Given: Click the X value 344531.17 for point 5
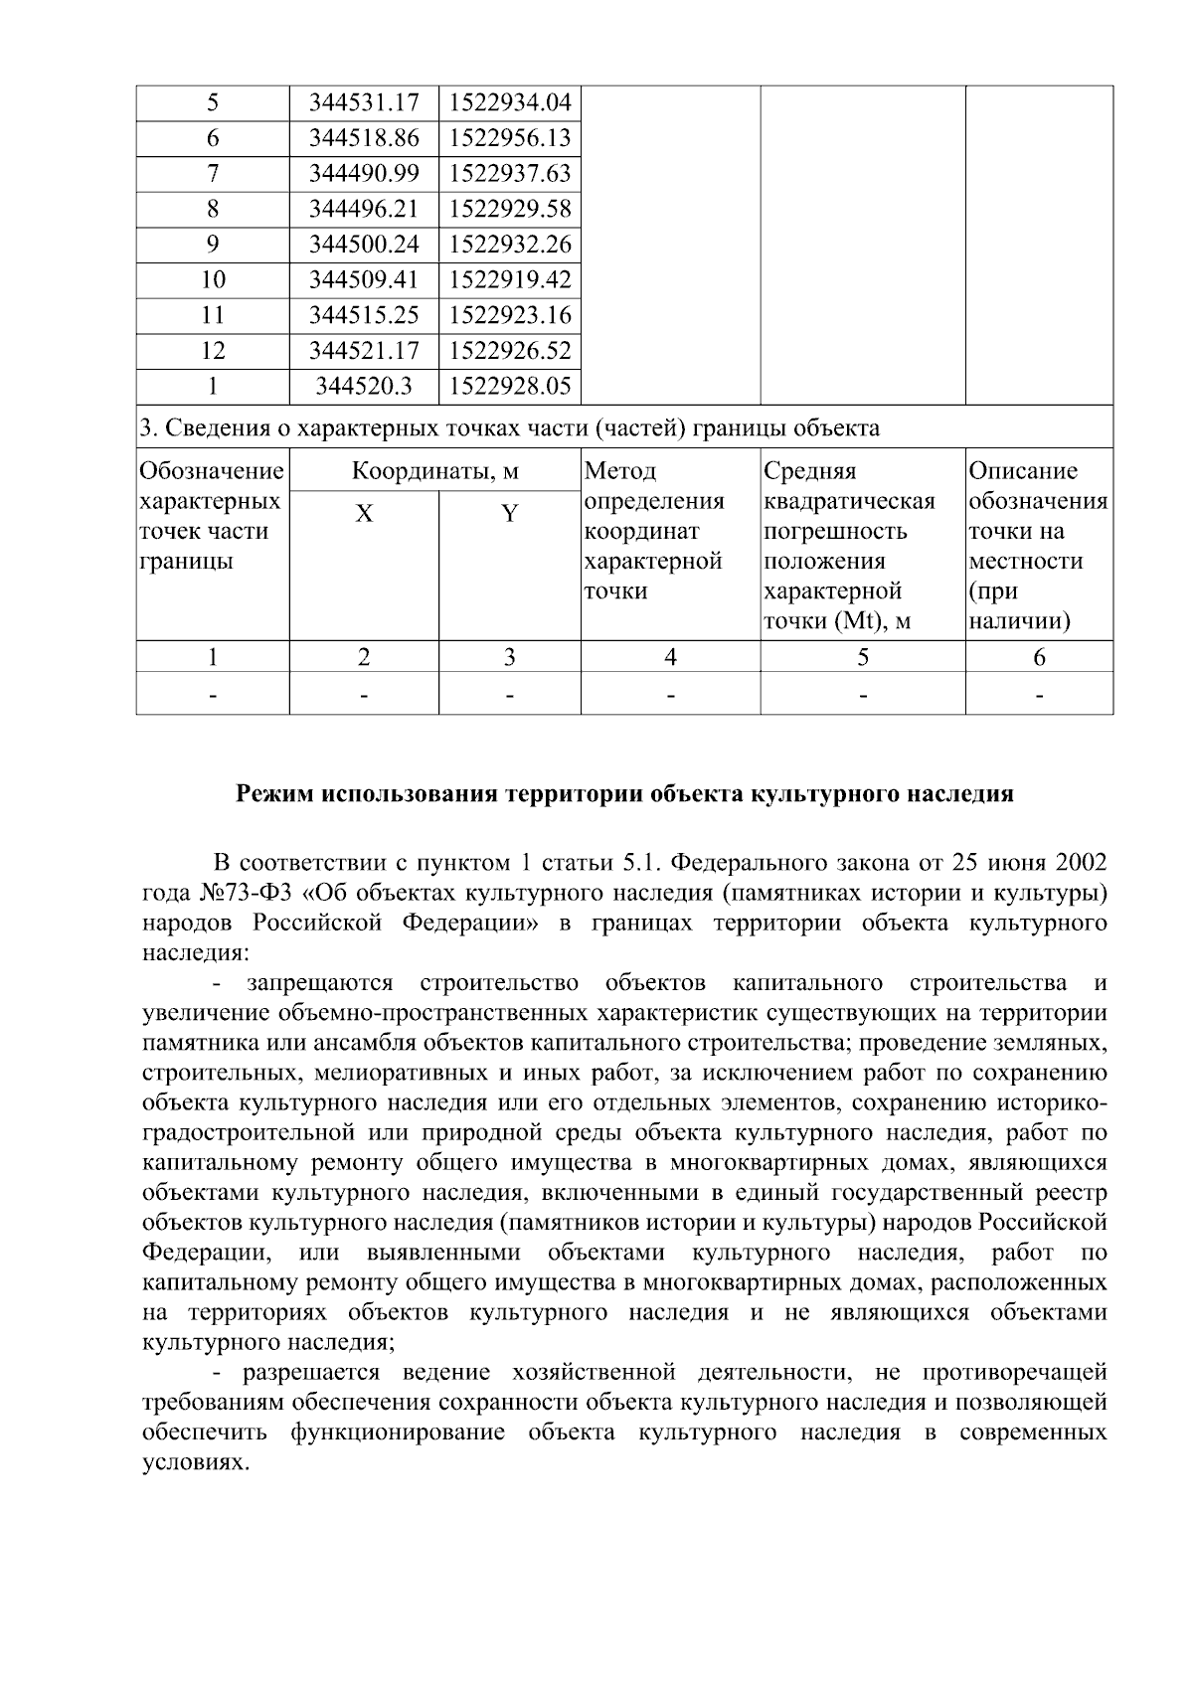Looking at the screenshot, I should coord(364,102).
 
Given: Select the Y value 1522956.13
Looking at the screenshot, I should coord(510,138).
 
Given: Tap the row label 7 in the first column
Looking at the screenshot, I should coord(213,174).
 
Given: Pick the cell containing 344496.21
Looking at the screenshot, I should coord(364,209).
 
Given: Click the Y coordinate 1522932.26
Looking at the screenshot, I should coord(510,245).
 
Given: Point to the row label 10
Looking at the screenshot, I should coord(213,280).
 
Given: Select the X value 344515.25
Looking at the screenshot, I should coord(364,315).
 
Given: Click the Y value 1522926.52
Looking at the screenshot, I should coord(510,351).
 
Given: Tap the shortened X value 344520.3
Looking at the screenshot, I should coord(364,387).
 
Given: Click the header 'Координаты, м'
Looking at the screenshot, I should coord(435,471).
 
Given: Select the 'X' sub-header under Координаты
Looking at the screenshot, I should coord(365,514).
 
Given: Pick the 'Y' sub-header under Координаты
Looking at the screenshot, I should coord(509,514).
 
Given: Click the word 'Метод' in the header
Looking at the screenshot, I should coord(620,471).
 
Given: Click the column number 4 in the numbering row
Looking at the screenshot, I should coord(671,657).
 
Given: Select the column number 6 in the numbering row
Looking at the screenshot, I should coord(1039,657).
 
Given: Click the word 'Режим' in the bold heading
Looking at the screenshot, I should coord(271,795).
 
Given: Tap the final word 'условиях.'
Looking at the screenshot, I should coord(194,1464).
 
